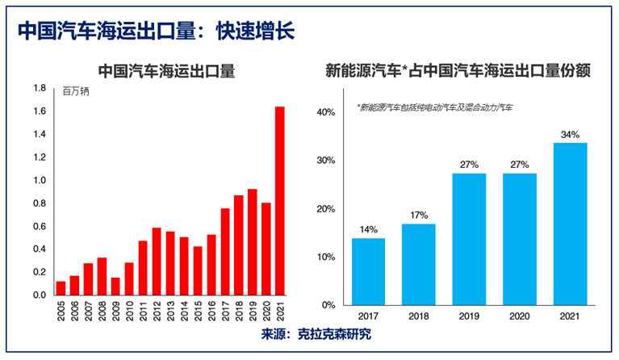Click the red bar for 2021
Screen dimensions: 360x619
click(x=280, y=201)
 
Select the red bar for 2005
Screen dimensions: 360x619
click(x=61, y=288)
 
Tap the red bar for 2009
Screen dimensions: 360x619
click(x=115, y=287)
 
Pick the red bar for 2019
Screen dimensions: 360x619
click(x=253, y=242)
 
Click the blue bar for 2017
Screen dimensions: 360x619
click(x=368, y=272)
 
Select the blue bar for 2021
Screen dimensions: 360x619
click(x=570, y=224)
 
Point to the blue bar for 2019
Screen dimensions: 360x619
click(x=469, y=240)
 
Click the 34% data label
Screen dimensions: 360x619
click(x=570, y=135)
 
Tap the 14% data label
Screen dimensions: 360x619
click(x=368, y=230)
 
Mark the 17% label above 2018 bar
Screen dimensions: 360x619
click(x=418, y=216)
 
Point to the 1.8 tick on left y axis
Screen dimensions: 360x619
click(x=40, y=89)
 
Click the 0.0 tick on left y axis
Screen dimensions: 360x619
click(x=40, y=295)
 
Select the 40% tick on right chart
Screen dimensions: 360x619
click(x=325, y=112)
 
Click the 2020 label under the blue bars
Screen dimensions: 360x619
click(x=519, y=317)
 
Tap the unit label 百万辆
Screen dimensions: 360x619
click(x=76, y=91)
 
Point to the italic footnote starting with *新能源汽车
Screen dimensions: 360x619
click(x=437, y=107)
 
